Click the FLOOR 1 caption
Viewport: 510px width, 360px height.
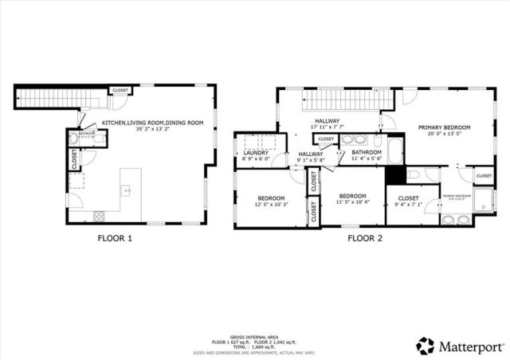115,237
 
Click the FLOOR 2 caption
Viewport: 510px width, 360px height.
365,237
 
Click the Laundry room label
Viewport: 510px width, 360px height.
257,157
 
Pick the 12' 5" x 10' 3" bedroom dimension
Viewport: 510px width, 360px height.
265,205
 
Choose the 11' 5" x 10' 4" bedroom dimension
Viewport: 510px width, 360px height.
351,203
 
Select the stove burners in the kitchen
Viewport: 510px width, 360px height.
100,215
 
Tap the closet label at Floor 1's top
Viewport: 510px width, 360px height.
120,91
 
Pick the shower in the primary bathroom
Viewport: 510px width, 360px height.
482,205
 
